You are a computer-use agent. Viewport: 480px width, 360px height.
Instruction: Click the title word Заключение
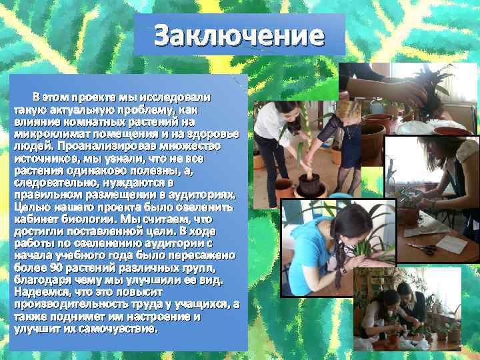point(239,35)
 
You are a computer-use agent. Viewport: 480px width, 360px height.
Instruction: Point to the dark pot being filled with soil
point(309,183)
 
